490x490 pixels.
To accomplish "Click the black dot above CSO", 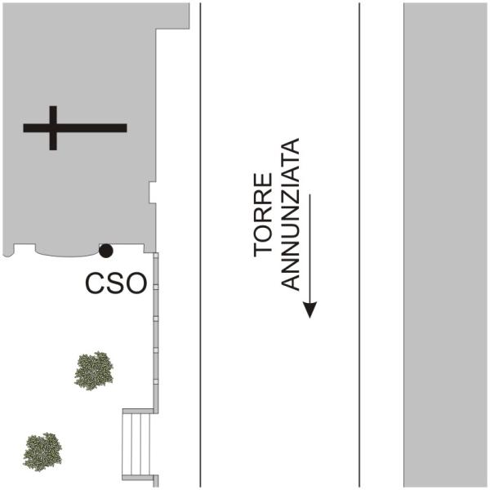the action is pos(105,251).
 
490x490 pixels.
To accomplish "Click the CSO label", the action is pos(116,283).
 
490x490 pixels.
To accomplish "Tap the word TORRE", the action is pos(263,215).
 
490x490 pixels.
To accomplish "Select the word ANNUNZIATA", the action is pos(290,214).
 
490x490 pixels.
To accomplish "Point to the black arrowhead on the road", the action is pos(310,310).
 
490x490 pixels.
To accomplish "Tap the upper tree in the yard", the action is pos(94,371).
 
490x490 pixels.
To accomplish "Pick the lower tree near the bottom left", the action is pos(42,452).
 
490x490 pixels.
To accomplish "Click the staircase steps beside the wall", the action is pos(136,444).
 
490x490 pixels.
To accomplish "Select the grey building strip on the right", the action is pos(445,245).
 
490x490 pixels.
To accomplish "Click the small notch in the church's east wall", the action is pos(153,193).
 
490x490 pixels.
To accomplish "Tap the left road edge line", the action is pos(200,245).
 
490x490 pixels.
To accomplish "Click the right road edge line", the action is pos(359,245).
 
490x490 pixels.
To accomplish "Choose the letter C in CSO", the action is pos(95,283).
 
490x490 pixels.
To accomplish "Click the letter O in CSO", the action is pos(136,283).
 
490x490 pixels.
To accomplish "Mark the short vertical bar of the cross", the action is pos(53,128).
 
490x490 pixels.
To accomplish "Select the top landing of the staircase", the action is pos(138,412).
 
